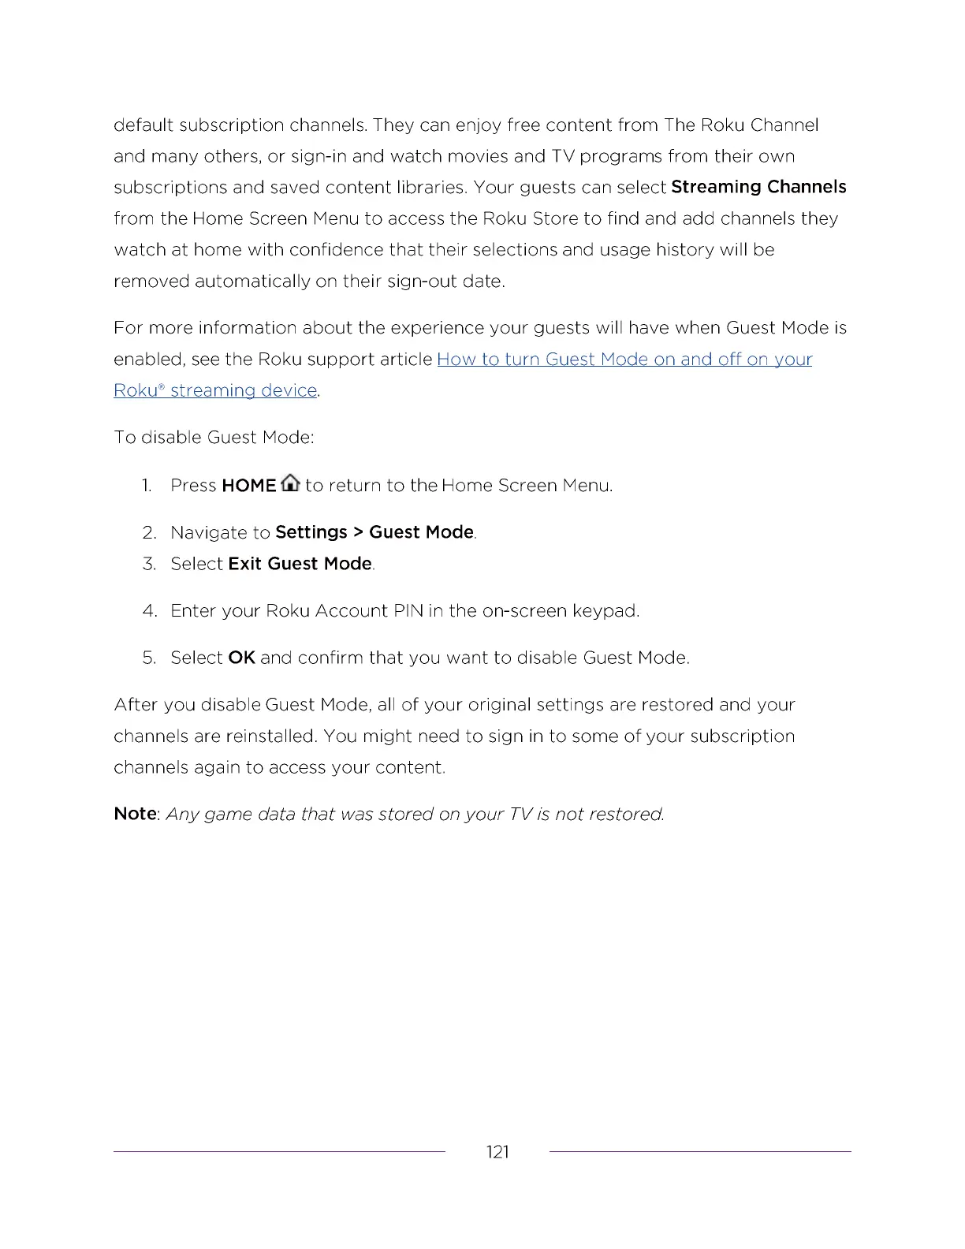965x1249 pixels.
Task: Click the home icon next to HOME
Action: click(x=290, y=483)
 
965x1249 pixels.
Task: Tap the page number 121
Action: click(x=497, y=1152)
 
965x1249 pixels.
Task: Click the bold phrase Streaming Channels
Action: click(x=758, y=187)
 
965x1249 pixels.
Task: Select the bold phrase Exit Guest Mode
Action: click(x=300, y=564)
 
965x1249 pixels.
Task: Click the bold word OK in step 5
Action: click(x=241, y=658)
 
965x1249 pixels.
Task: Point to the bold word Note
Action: click(x=135, y=814)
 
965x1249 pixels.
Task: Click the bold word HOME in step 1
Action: click(x=249, y=486)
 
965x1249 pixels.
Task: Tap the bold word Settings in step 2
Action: click(x=311, y=532)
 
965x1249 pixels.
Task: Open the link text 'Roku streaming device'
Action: click(x=215, y=390)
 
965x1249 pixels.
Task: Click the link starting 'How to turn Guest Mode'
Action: click(x=624, y=360)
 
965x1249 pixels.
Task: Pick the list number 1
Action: click(x=147, y=486)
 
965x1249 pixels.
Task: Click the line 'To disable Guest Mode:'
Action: click(x=214, y=438)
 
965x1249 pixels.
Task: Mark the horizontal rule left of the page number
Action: click(x=279, y=1152)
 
